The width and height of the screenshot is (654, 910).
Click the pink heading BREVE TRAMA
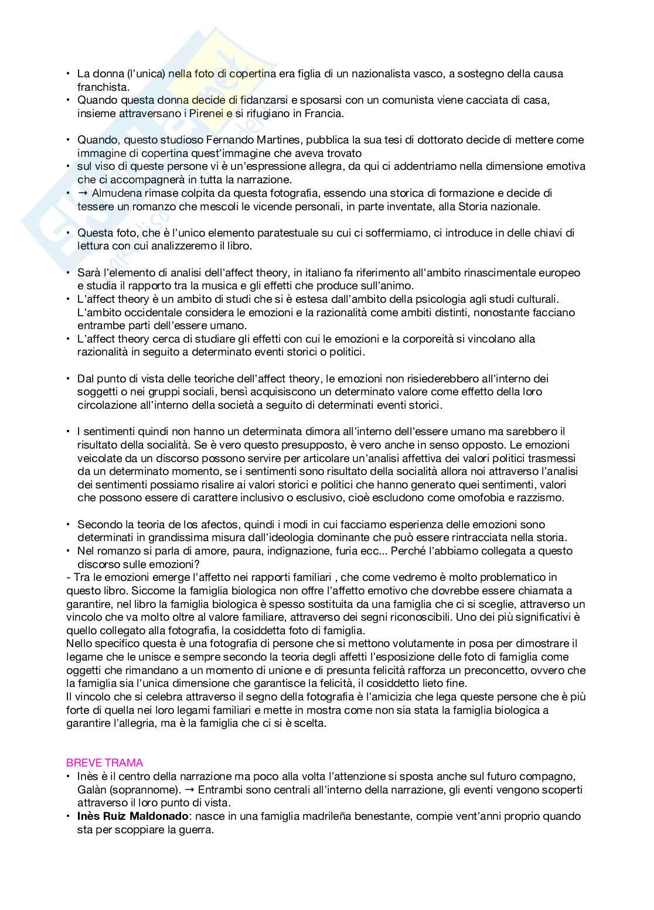coord(104,762)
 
